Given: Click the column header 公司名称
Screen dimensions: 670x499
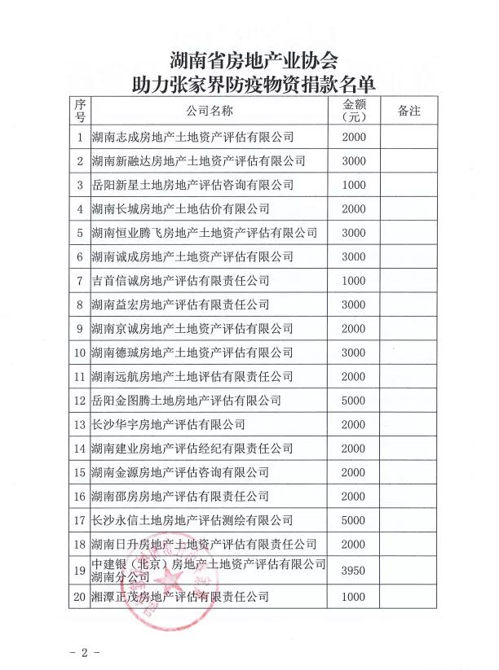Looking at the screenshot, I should [x=209, y=112].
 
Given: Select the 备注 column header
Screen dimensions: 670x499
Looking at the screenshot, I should [x=408, y=112].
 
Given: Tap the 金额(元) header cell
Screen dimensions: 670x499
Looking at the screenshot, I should [x=355, y=112].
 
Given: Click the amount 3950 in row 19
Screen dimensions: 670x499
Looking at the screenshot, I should [x=355, y=571].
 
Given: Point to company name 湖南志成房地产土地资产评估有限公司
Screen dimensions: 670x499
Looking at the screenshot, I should [x=192, y=137].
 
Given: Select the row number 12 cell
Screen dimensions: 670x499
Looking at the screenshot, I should [x=80, y=401].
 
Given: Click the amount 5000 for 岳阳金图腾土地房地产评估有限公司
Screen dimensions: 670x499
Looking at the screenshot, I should [x=355, y=401].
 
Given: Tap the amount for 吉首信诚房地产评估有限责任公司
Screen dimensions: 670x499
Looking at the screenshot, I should [x=355, y=281].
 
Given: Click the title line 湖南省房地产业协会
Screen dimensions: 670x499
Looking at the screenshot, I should [x=253, y=61].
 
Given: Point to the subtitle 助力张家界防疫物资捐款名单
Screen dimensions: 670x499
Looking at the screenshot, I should [x=253, y=83].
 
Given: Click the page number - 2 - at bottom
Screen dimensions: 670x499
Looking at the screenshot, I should [x=84, y=654].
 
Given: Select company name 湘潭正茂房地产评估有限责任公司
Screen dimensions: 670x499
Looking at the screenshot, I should [x=180, y=598].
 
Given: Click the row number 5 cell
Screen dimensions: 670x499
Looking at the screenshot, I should [x=80, y=233].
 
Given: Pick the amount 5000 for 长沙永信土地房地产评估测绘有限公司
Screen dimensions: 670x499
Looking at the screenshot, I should [x=355, y=520].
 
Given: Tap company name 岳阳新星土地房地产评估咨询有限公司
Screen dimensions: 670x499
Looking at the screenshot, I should [x=192, y=185].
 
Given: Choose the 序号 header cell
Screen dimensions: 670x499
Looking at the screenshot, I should [x=80, y=112].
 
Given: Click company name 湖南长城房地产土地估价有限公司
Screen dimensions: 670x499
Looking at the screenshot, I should [x=180, y=209].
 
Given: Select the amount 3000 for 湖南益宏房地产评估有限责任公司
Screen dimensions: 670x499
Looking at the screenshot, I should [x=355, y=304].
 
